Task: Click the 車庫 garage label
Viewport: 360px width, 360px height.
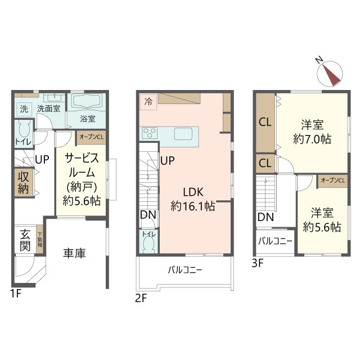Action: (x=74, y=253)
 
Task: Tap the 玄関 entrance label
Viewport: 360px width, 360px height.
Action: (x=25, y=240)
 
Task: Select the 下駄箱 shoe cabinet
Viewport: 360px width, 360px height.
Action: (x=40, y=240)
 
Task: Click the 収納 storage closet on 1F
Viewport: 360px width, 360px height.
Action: (x=24, y=183)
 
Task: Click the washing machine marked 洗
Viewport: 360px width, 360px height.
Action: (x=24, y=109)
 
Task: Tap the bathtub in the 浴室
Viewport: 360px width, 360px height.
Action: (x=87, y=102)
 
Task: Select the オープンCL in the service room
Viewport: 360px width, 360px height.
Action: (x=91, y=137)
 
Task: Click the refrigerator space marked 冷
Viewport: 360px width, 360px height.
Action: (x=148, y=102)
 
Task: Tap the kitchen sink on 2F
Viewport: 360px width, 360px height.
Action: (x=183, y=134)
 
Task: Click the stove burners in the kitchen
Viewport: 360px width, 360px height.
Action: (x=150, y=133)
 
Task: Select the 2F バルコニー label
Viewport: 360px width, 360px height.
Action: (x=185, y=270)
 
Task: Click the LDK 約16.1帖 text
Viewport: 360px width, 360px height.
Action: (x=193, y=199)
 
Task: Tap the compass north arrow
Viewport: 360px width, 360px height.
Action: (x=330, y=74)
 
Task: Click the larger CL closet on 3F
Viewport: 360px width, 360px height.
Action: (x=265, y=123)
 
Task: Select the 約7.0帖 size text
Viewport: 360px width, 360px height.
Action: (x=312, y=139)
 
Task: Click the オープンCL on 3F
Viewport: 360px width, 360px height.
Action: (x=332, y=181)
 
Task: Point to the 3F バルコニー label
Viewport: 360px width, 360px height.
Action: (x=275, y=241)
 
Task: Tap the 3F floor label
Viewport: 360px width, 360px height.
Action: (x=258, y=263)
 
